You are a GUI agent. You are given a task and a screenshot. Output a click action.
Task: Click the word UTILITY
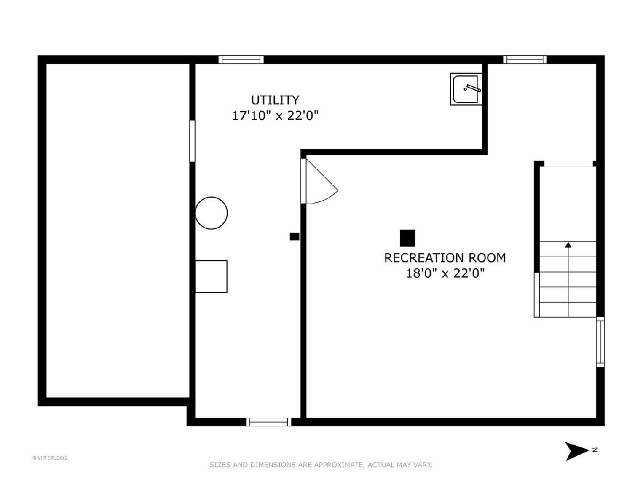point(275,100)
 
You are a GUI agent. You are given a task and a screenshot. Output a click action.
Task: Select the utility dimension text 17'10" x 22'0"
point(275,116)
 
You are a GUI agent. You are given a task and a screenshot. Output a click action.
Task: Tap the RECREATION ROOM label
point(445,258)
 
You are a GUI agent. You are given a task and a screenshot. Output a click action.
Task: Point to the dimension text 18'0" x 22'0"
point(445,273)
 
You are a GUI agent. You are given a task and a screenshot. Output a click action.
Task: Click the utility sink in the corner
point(466,89)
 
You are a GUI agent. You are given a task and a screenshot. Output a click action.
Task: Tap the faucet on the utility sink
point(473,88)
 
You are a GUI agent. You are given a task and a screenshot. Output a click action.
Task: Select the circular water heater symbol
point(211,213)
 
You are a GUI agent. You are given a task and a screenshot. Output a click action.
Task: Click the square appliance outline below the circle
point(211,276)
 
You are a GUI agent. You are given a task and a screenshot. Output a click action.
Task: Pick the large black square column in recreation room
point(407,238)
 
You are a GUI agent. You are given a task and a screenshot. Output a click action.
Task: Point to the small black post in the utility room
point(294,237)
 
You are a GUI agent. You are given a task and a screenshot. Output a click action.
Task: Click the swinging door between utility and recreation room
point(319,181)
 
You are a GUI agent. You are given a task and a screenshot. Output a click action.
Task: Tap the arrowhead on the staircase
point(568,245)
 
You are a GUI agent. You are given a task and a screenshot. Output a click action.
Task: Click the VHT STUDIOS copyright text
point(50,458)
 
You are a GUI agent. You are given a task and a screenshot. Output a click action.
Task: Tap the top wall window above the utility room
point(241,59)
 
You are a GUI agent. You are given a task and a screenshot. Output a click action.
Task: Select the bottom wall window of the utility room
point(268,421)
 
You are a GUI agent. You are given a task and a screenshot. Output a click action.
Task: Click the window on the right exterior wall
point(600,342)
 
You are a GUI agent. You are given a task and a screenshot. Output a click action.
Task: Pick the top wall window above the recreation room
point(525,59)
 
